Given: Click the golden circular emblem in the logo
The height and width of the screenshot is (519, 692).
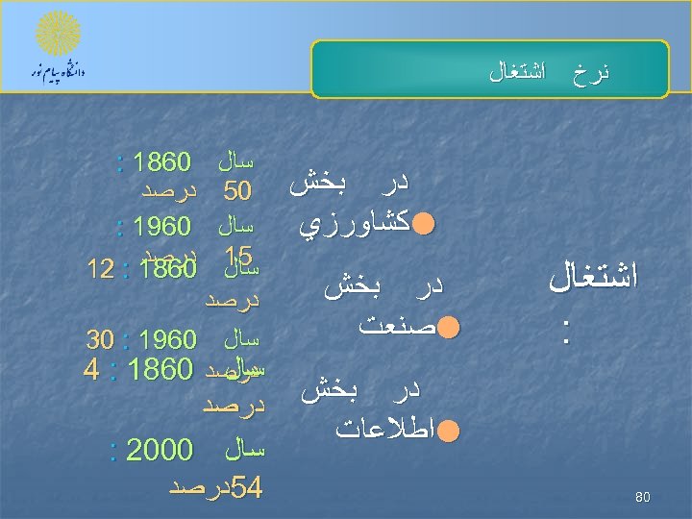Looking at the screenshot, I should pos(59,36).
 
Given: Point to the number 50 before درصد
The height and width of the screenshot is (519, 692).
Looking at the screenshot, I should pos(237,191).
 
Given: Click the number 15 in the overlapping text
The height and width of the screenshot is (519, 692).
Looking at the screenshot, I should pos(236,256).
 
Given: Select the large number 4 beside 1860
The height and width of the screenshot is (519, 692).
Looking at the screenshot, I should pos(90,370).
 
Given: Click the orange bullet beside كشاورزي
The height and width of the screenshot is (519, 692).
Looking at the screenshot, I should pos(424,225).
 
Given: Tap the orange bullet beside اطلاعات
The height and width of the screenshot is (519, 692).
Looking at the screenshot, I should pos(447,430).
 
